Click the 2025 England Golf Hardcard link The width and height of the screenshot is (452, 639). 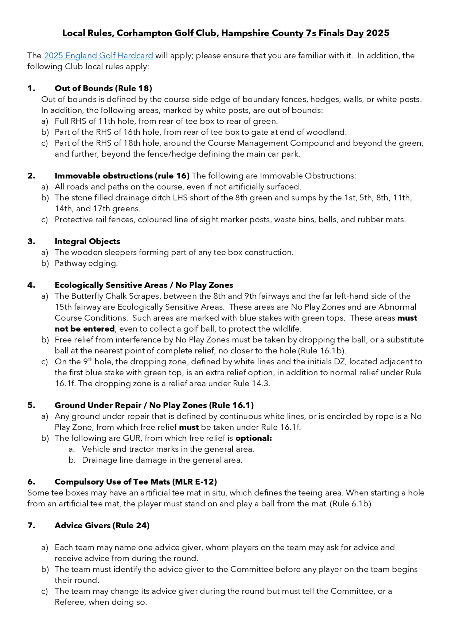point(98,56)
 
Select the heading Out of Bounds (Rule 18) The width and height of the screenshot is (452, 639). point(103,89)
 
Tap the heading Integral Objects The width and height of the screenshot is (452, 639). point(87,241)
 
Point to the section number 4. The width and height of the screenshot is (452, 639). point(31,285)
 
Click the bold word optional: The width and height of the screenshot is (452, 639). point(253,438)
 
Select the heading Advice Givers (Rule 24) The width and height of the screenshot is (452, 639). point(102,525)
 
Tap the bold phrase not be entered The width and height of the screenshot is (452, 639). point(85,329)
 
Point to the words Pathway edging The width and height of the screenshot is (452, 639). point(86,263)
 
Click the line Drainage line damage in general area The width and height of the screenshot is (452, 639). point(162,460)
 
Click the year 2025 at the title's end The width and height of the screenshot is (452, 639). point(378,33)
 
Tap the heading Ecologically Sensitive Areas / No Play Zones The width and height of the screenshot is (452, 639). point(144,285)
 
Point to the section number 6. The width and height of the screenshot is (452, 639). point(31,482)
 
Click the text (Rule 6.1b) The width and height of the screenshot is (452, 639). point(350,504)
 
